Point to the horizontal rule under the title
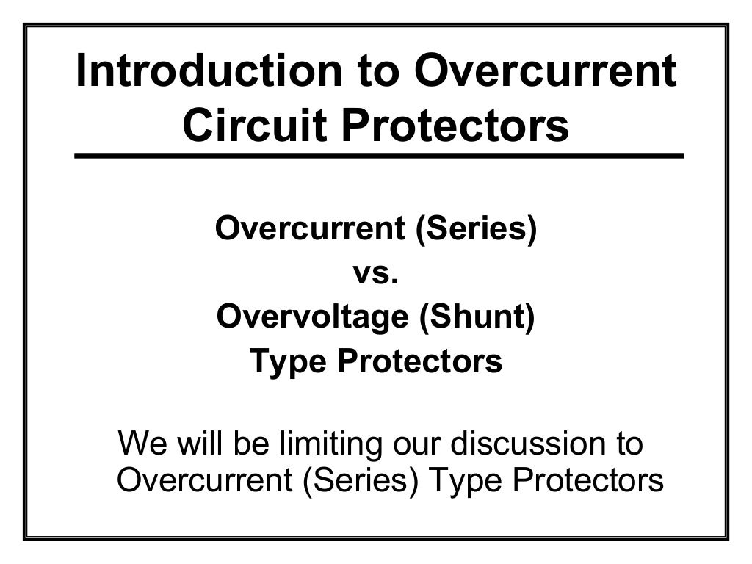(378, 156)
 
